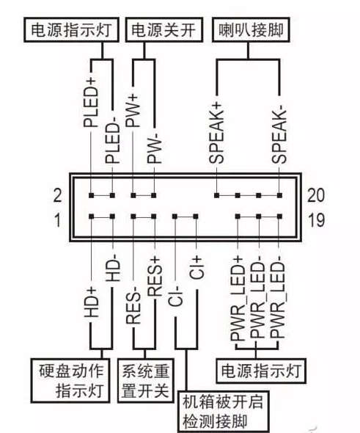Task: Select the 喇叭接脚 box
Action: (x=249, y=30)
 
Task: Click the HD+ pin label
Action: (x=91, y=300)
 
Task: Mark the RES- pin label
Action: (x=134, y=304)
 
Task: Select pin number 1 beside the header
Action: (x=58, y=218)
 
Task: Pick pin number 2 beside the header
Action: (x=58, y=196)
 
